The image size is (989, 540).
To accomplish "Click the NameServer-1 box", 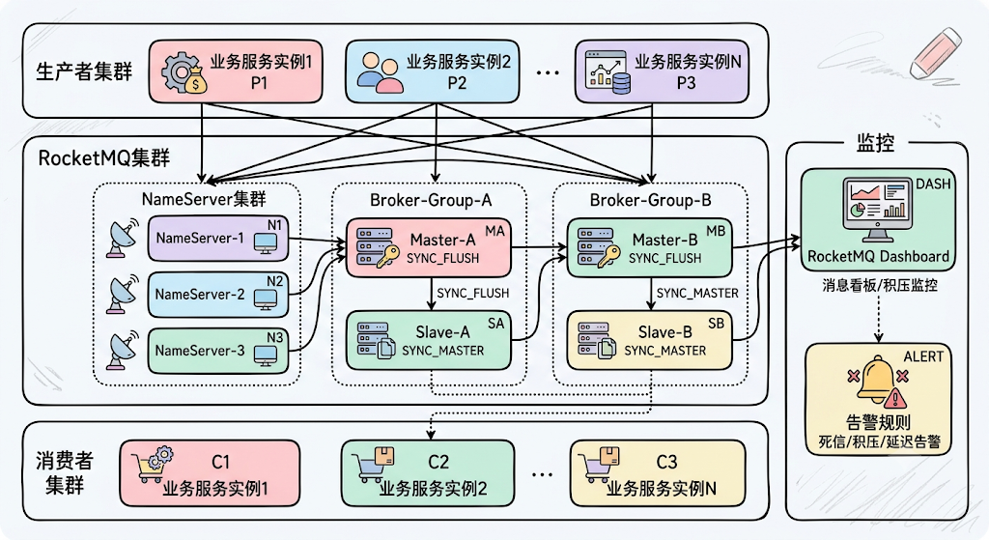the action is [x=218, y=239].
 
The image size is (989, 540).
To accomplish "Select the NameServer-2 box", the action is [x=218, y=295].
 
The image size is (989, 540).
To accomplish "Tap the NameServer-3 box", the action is [x=218, y=351].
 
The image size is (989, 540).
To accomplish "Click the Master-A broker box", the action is [x=428, y=248].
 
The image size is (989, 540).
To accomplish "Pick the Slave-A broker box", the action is [x=428, y=341].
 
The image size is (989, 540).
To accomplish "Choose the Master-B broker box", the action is [x=650, y=248].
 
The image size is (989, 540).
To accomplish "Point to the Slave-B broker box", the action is [x=650, y=341].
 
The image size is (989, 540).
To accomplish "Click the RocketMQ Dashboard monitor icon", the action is [x=877, y=210].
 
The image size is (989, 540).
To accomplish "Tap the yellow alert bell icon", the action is [x=877, y=381].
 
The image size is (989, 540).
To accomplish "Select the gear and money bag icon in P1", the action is [x=184, y=73].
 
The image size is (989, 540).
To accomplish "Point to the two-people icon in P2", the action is [x=381, y=72].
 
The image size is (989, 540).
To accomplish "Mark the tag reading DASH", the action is [x=933, y=185].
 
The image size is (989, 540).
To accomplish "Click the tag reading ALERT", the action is [x=923, y=357].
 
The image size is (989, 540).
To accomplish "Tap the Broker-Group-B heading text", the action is [x=650, y=201].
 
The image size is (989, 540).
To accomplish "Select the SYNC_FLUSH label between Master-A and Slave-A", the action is [x=472, y=294].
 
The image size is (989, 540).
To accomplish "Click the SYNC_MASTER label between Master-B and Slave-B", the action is [x=697, y=294].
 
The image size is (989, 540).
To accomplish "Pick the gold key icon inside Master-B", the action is [x=609, y=256].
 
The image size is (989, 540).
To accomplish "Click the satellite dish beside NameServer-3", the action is [x=121, y=350].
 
